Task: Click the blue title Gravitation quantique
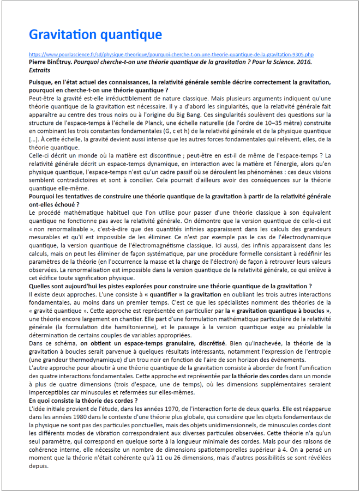point(95,35)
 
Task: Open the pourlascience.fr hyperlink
point(171,55)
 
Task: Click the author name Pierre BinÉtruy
point(50,62)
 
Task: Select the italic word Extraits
point(40,70)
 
